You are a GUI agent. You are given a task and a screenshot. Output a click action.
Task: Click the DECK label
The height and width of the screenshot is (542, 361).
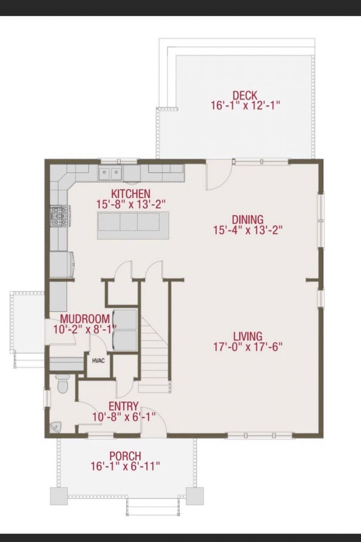(x=245, y=95)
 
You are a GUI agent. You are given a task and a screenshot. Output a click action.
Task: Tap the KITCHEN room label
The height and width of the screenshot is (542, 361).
(x=131, y=194)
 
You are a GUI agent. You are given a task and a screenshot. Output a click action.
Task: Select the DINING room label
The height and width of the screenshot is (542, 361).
(x=247, y=219)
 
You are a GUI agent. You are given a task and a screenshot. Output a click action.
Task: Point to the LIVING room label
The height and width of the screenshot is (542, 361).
(x=247, y=336)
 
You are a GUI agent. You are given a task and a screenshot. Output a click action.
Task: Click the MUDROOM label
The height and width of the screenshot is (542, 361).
(x=85, y=319)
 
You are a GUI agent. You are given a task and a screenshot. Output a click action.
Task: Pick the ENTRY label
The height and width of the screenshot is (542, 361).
(x=123, y=406)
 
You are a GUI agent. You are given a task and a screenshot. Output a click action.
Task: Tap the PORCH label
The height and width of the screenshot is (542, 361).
(x=125, y=456)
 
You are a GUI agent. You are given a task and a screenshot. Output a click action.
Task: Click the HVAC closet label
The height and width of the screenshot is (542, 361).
(x=98, y=361)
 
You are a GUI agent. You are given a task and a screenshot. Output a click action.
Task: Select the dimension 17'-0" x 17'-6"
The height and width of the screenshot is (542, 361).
(x=248, y=347)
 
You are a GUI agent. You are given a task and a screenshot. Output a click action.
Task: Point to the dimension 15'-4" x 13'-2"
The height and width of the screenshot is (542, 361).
(x=248, y=230)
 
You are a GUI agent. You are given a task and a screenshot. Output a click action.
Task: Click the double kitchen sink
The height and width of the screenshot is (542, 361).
(x=110, y=173)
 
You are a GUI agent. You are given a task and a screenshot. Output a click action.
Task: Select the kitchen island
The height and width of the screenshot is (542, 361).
(x=133, y=225)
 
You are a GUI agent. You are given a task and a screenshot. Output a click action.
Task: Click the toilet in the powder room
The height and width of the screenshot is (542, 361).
(x=63, y=384)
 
